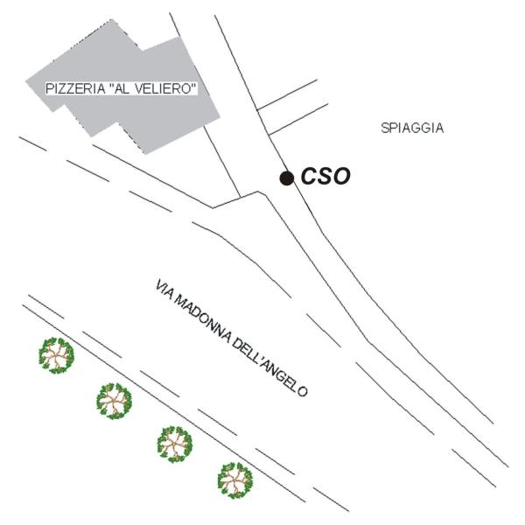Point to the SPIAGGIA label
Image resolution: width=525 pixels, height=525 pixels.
tap(412, 128)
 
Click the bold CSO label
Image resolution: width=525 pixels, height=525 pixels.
tap(325, 177)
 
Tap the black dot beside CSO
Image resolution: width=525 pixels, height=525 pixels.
tap(286, 178)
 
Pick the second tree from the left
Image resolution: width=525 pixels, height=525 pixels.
tap(114, 401)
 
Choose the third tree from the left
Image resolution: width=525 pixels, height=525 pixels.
tap(175, 443)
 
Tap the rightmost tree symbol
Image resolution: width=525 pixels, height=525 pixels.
tap(234, 479)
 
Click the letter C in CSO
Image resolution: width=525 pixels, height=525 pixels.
tap(309, 177)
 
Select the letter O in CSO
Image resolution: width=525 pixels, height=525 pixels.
tap(341, 177)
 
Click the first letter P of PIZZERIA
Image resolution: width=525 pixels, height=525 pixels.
tap(49, 89)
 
